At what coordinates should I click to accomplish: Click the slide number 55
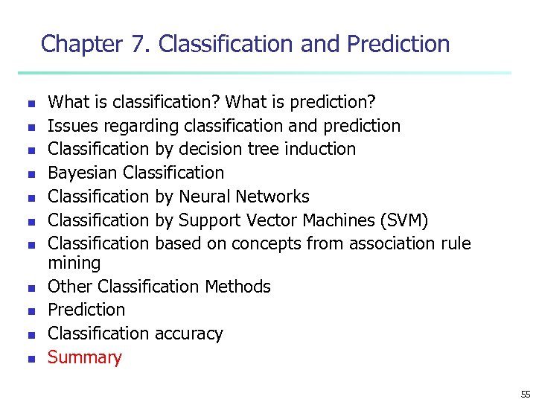pyautogui.click(x=526, y=394)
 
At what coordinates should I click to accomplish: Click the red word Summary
pyautogui.click(x=84, y=357)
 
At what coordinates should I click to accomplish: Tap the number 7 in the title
pyautogui.click(x=138, y=44)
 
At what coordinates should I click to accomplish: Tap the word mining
pyautogui.click(x=74, y=263)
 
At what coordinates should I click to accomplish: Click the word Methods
pyautogui.click(x=238, y=287)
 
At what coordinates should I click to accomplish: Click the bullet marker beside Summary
pyautogui.click(x=31, y=359)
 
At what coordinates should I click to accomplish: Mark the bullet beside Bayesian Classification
pyautogui.click(x=31, y=174)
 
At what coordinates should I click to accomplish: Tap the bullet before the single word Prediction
pyautogui.click(x=31, y=311)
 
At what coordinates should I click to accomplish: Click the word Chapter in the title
pyautogui.click(x=81, y=44)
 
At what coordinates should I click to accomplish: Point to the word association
pyautogui.click(x=391, y=243)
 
